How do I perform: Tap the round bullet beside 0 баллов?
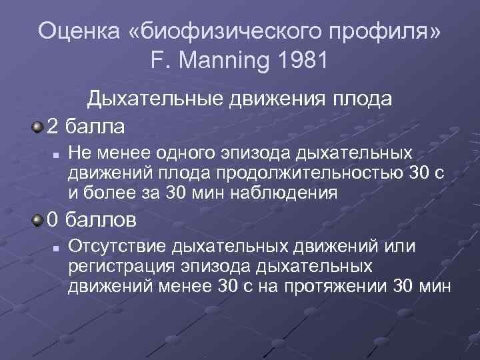37,219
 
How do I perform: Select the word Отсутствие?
117,247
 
